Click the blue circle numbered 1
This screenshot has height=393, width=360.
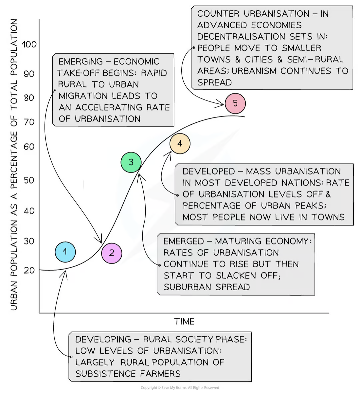65,252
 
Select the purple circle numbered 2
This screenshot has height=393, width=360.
112,253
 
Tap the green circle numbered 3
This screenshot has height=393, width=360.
131,162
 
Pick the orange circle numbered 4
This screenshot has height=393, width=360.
180,144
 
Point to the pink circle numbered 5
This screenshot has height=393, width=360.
235,103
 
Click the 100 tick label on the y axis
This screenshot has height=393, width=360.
29,44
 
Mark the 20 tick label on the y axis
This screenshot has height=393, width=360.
29,270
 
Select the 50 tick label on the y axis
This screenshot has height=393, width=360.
29,180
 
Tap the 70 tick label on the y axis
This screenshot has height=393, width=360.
29,122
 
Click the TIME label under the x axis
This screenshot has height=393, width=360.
184,322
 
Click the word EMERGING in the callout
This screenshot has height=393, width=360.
81,62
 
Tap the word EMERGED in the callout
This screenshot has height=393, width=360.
184,241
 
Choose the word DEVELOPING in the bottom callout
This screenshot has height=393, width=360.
103,340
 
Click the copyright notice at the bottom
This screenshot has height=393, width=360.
180,388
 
